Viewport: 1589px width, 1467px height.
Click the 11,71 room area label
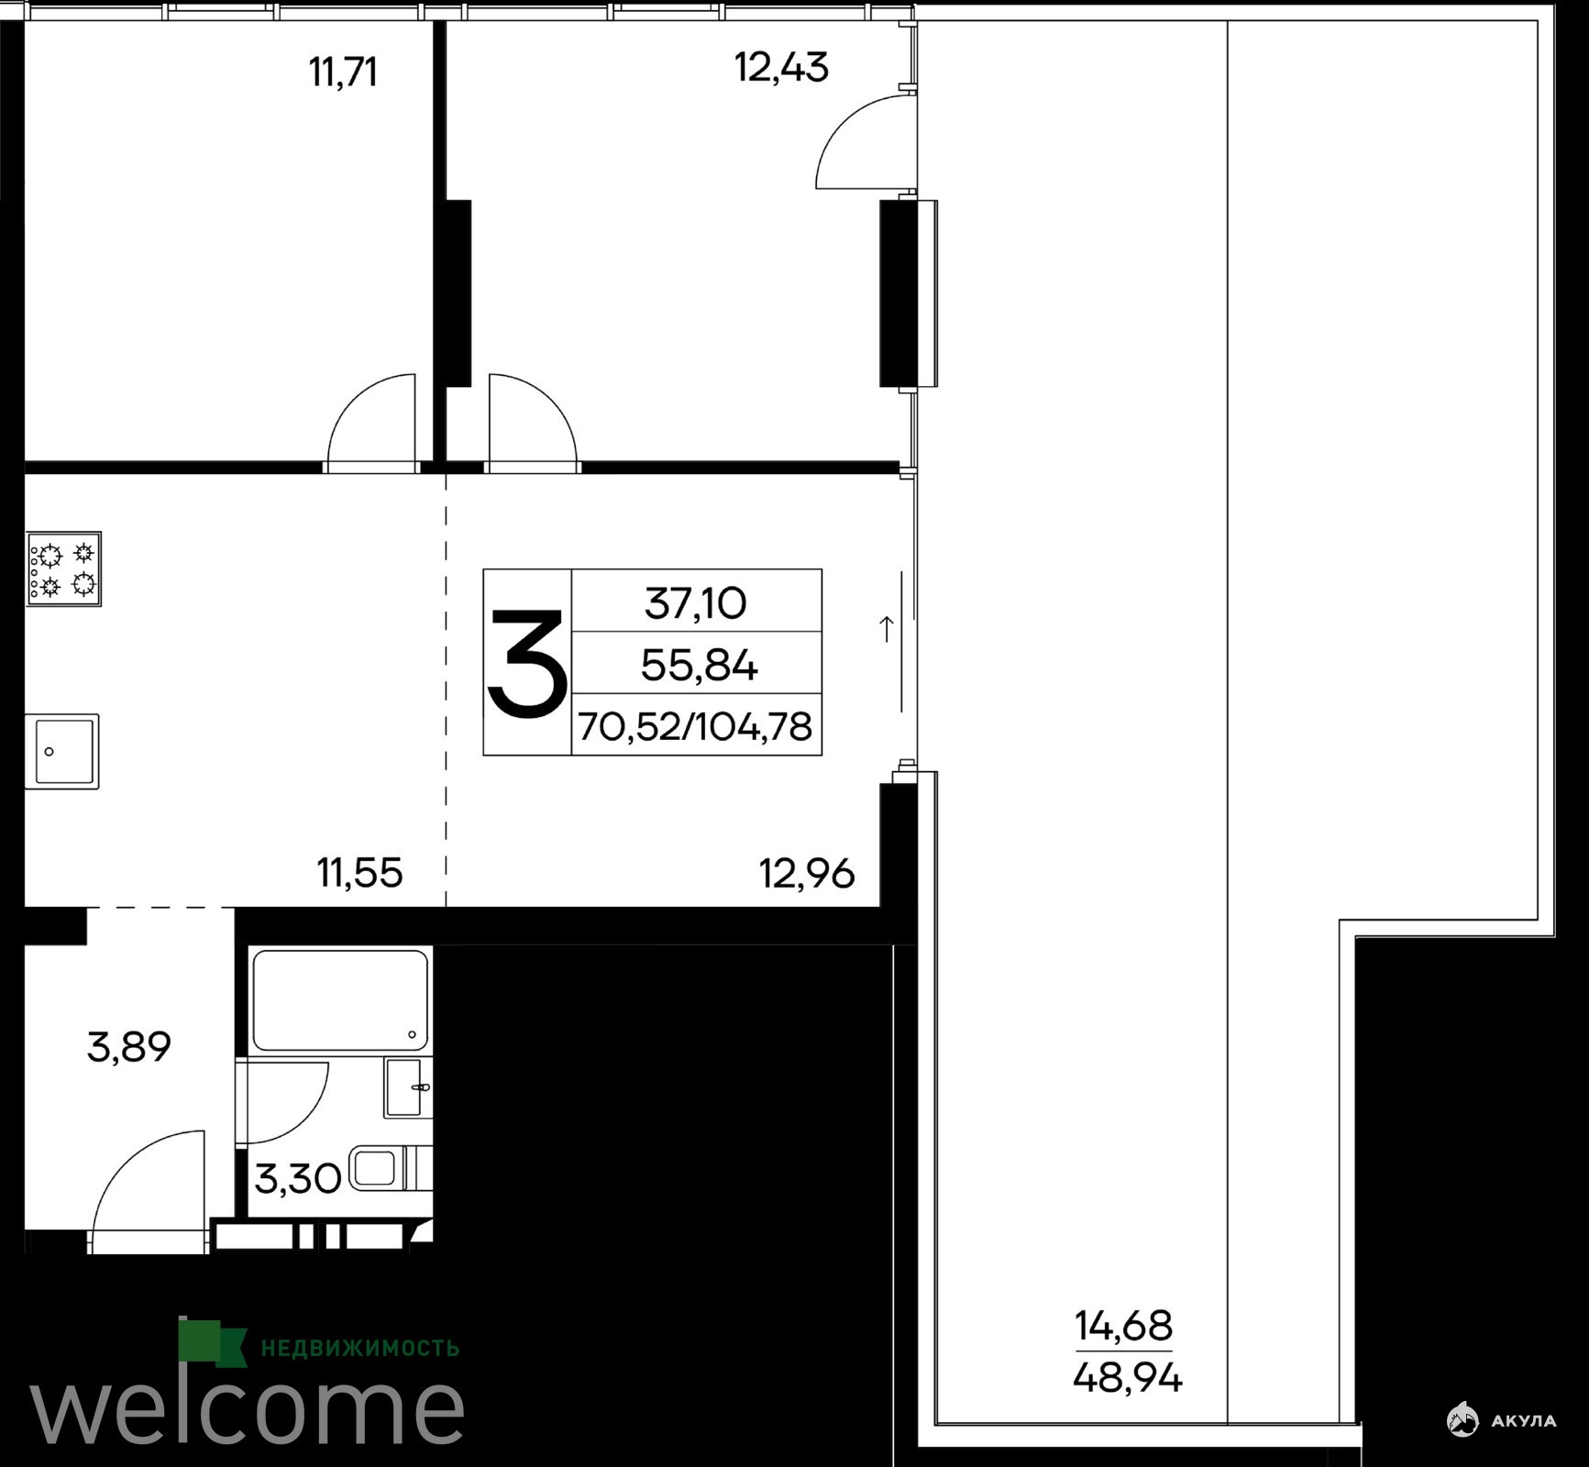coord(343,72)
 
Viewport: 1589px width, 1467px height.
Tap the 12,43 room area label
coord(781,67)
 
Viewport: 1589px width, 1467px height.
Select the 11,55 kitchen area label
coord(359,873)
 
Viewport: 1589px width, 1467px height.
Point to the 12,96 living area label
coord(807,874)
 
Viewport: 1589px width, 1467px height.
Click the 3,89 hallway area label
coord(129,1047)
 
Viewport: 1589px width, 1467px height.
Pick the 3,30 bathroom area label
coord(297,1179)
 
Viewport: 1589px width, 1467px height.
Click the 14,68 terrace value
coord(1123,1326)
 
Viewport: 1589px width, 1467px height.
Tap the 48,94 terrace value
coord(1127,1378)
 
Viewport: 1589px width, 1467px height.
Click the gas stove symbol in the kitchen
coord(63,568)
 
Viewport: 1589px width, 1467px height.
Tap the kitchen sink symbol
coord(61,752)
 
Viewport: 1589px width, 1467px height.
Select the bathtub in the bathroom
coord(340,1000)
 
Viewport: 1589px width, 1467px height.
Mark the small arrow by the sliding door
coord(887,629)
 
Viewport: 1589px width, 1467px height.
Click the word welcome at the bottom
coord(247,1408)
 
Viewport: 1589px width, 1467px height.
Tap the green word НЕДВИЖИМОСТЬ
coord(360,1348)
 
